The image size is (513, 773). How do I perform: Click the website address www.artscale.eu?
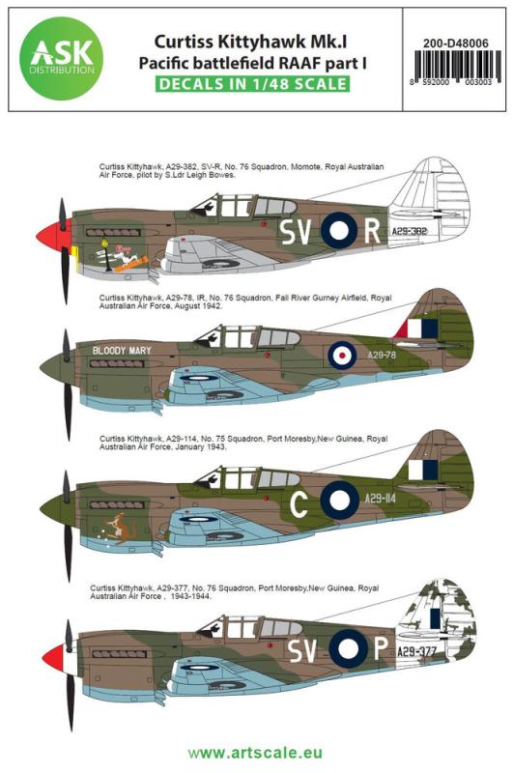point(256,751)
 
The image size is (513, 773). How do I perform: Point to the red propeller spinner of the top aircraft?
point(50,235)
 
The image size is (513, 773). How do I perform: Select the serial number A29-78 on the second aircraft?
point(381,355)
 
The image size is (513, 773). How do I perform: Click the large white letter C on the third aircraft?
point(300,499)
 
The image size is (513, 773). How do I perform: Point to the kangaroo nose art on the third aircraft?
point(123,530)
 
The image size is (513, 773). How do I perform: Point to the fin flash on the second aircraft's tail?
point(418,329)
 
